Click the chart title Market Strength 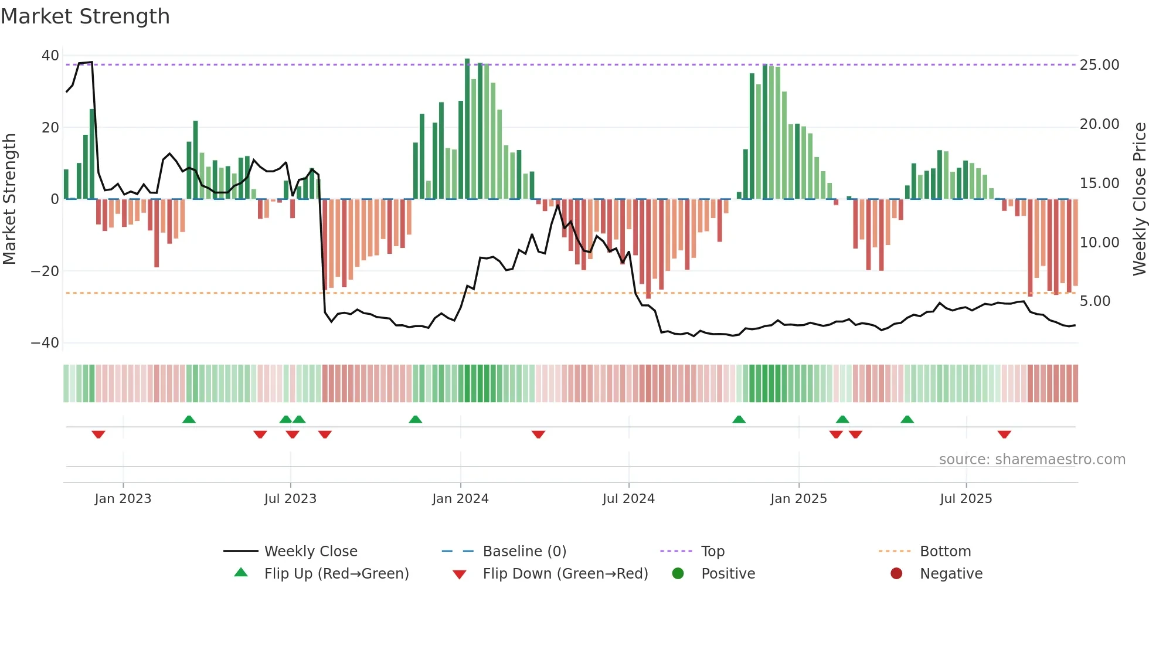85,16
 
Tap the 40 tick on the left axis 50,56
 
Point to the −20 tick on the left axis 46,271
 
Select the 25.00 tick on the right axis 1099,65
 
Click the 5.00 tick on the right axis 1094,301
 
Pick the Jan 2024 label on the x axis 460,499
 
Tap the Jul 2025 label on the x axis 966,499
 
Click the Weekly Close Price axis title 1139,199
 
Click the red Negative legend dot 896,573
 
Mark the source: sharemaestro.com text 1032,460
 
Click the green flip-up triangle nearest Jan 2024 415,420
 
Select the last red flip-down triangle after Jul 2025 1004,434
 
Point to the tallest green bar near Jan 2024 467,129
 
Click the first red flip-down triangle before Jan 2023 98,434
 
